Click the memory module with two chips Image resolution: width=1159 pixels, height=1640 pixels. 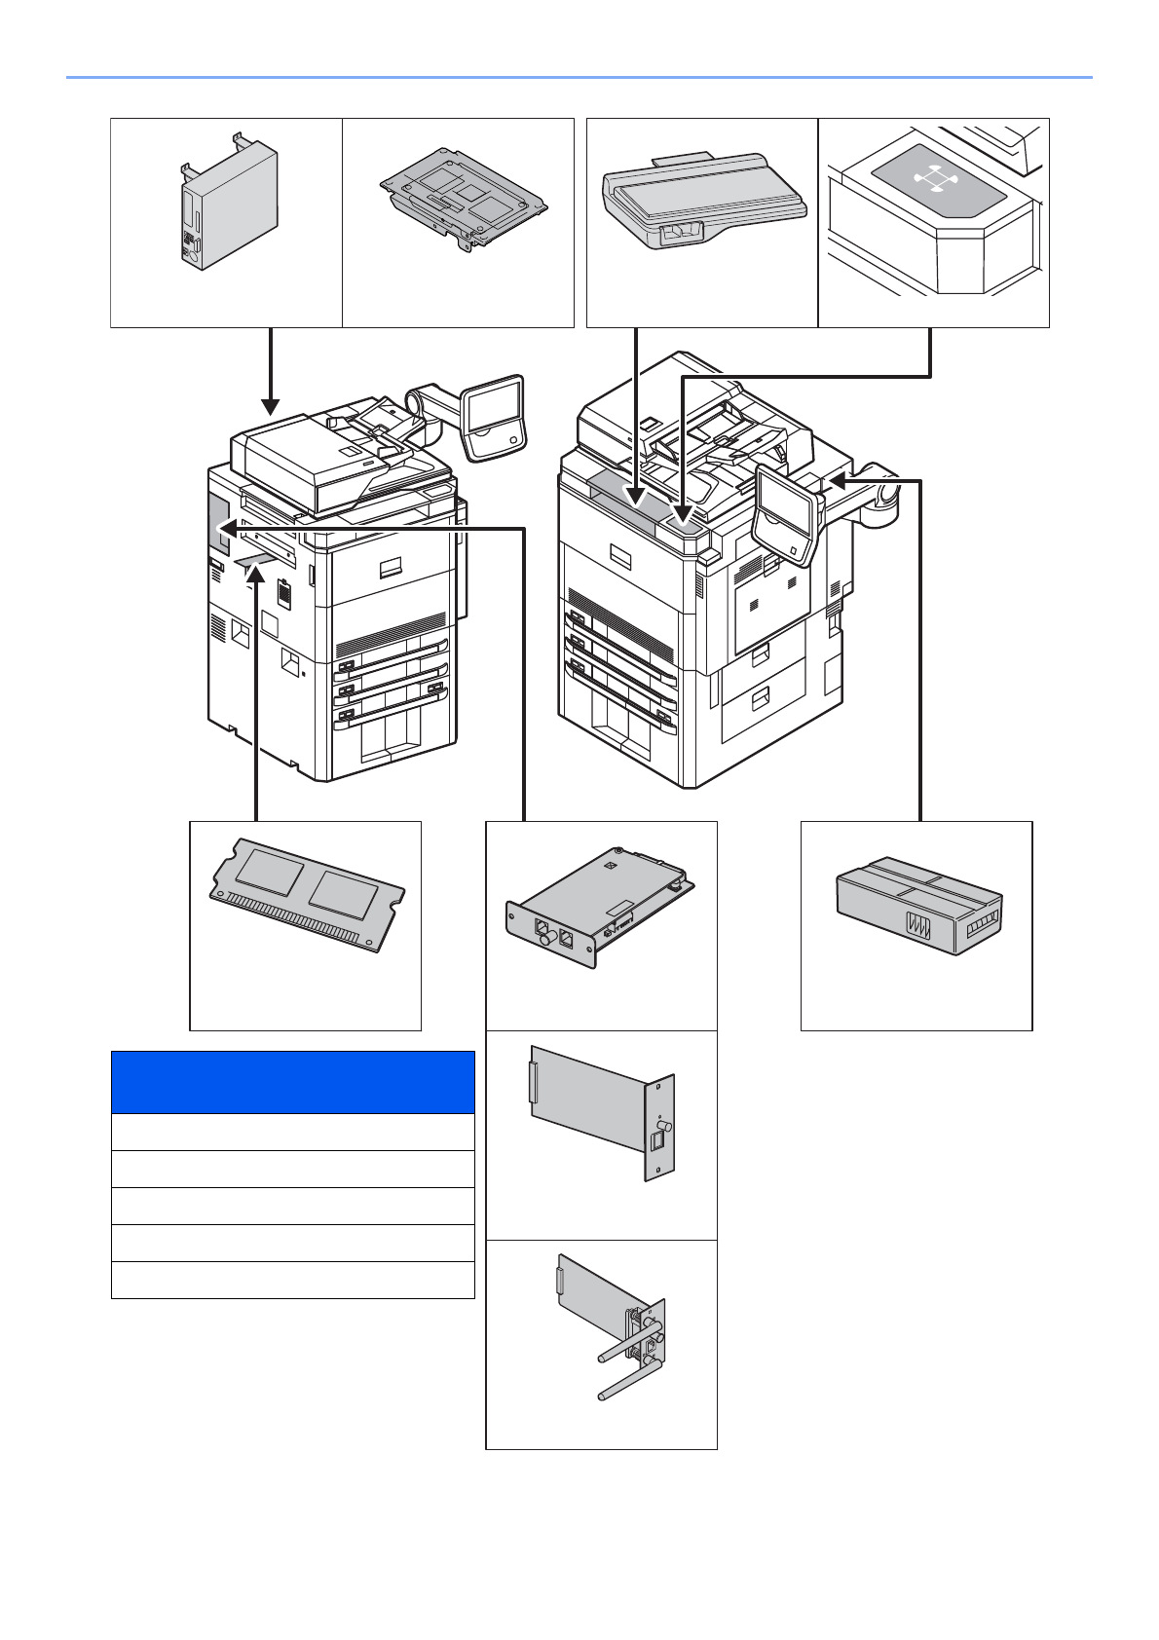click(x=307, y=893)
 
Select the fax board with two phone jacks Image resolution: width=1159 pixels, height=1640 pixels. click(x=599, y=912)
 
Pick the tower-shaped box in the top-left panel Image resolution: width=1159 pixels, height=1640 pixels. click(x=230, y=205)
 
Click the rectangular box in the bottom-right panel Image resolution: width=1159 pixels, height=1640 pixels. click(x=918, y=905)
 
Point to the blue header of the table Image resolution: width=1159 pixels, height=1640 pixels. click(x=292, y=1081)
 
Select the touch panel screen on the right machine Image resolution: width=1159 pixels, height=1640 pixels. click(x=784, y=511)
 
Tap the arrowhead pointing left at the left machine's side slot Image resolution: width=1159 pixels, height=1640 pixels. click(x=223, y=528)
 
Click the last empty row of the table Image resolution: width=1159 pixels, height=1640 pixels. click(x=292, y=1280)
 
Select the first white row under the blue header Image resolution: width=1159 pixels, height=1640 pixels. click(x=292, y=1132)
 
